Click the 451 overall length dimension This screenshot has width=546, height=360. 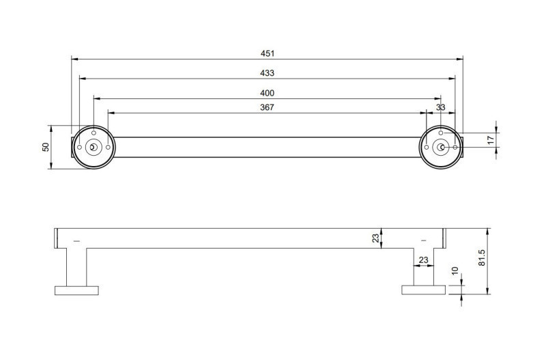click(268, 53)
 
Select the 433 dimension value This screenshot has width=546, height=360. click(267, 73)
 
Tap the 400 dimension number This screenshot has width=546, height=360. click(267, 93)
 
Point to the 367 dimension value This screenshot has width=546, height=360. click(267, 107)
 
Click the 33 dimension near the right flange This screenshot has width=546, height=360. click(440, 107)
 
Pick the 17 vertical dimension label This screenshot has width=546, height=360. click(491, 140)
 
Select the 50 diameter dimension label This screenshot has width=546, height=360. click(46, 147)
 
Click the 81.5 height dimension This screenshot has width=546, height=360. click(482, 258)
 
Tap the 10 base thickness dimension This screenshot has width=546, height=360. click(455, 271)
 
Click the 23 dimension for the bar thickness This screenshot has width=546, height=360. click(376, 238)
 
